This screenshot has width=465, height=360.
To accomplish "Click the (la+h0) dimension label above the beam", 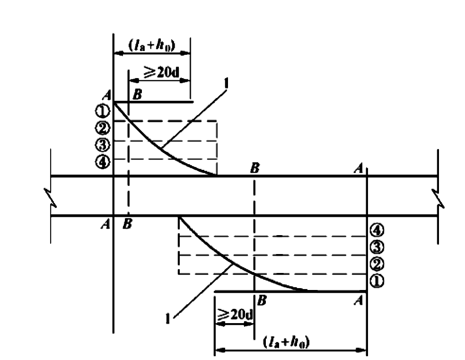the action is pyautogui.click(x=152, y=45).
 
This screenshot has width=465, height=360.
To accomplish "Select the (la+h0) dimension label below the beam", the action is pyautogui.click(x=287, y=342).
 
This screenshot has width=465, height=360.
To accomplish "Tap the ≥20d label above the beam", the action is pyautogui.click(x=162, y=72).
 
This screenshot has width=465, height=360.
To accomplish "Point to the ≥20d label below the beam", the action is pyautogui.click(x=235, y=314).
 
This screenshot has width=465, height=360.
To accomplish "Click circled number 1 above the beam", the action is pyautogui.click(x=102, y=111).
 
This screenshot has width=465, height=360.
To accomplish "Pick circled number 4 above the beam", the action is pyautogui.click(x=102, y=162).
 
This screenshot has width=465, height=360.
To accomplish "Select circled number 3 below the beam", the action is pyautogui.click(x=377, y=247).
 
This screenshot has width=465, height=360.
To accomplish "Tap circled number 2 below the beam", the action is pyautogui.click(x=377, y=264).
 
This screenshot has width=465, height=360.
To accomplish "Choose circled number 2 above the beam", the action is pyautogui.click(x=102, y=128).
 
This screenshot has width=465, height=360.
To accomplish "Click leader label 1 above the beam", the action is pyautogui.click(x=227, y=84).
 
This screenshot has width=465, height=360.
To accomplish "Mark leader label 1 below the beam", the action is pyautogui.click(x=168, y=319).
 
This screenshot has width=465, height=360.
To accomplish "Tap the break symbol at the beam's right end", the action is pyautogui.click(x=439, y=197).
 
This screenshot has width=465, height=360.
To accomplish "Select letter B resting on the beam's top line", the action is pyautogui.click(x=255, y=168).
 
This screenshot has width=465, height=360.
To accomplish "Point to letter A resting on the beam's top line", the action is pyautogui.click(x=359, y=168).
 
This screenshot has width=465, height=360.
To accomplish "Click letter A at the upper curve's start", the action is pyautogui.click(x=107, y=96).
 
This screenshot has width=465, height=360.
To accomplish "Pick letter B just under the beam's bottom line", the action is pyautogui.click(x=127, y=224).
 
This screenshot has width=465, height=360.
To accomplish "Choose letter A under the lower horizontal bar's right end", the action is pyautogui.click(x=359, y=301).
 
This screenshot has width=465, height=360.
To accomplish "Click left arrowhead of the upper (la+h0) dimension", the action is pyautogui.click(x=119, y=53).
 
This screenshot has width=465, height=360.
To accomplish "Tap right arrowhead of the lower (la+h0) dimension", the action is pyautogui.click(x=362, y=350).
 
